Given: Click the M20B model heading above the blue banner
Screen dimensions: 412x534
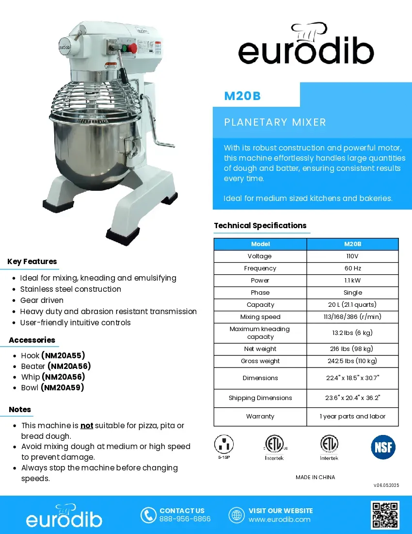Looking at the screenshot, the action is pyautogui.click(x=242, y=96).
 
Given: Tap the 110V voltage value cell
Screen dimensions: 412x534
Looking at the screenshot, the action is pyautogui.click(x=352, y=256).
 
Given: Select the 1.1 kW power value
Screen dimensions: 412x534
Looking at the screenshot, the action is pyautogui.click(x=352, y=281).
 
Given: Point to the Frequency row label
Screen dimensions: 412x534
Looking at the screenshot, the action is pyautogui.click(x=260, y=268).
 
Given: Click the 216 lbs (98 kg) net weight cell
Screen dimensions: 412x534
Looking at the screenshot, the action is pyautogui.click(x=352, y=349).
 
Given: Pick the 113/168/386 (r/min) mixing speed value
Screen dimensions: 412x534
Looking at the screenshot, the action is pyautogui.click(x=352, y=317).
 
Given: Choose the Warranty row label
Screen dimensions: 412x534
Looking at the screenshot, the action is pyautogui.click(x=260, y=417).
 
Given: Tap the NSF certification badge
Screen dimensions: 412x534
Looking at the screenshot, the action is pyautogui.click(x=383, y=447).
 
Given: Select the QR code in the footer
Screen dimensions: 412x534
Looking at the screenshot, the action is pyautogui.click(x=385, y=515).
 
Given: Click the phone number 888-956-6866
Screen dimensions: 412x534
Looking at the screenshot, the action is pyautogui.click(x=185, y=519).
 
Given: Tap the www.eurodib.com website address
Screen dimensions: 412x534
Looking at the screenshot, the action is pyautogui.click(x=279, y=519).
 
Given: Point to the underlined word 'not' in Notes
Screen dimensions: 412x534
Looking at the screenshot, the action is pyautogui.click(x=87, y=426).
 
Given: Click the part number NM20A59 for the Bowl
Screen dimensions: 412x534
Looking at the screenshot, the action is pyautogui.click(x=63, y=388).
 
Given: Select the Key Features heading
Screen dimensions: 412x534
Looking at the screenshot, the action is pyautogui.click(x=32, y=262).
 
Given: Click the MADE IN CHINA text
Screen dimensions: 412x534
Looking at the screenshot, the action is pyautogui.click(x=315, y=477).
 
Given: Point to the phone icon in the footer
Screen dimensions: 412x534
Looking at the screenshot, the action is pyautogui.click(x=148, y=515).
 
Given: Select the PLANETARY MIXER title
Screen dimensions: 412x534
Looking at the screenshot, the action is pyautogui.click(x=275, y=122).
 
